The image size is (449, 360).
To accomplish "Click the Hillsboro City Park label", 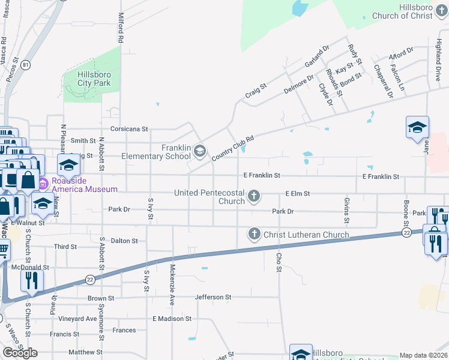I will coord(94,79).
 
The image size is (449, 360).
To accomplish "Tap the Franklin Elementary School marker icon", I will coord(199,152).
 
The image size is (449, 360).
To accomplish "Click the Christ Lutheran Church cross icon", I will coord(255,234).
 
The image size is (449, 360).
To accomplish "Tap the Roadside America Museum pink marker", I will coord(43,182).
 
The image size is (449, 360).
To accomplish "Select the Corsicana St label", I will coord(129,129).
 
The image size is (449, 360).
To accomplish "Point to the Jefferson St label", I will coord(212,297).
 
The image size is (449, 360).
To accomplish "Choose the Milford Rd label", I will coord(121,28).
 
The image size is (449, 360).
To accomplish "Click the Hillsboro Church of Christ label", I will coord(419,11).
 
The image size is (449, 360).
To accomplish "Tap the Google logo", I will coord(20,352).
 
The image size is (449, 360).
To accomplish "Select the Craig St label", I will coord(256,91).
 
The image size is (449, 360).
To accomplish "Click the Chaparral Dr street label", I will coord(382,81).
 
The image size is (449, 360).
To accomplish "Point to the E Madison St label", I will coord(172,319).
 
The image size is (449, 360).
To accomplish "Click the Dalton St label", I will coord(124,241).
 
